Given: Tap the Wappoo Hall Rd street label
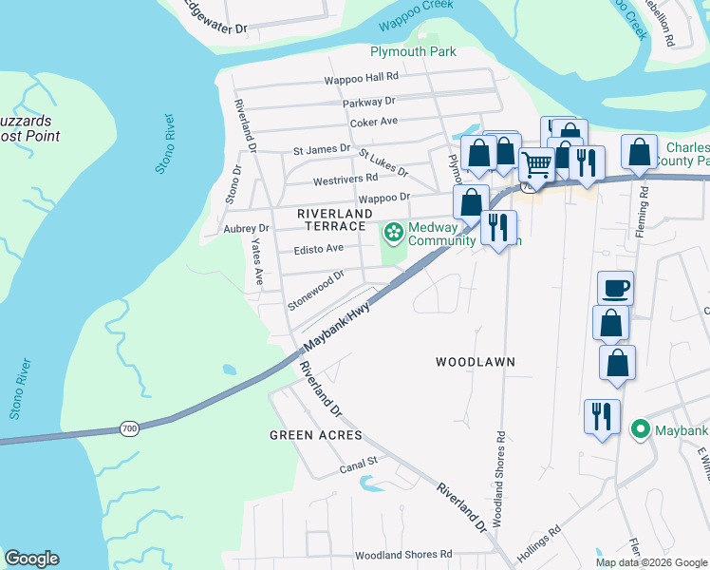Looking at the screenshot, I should [x=362, y=80].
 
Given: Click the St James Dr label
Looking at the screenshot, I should [x=322, y=149].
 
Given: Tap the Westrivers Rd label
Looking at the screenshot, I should [x=346, y=179].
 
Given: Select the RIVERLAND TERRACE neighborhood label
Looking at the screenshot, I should [x=331, y=220].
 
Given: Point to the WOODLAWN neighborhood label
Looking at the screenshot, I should [x=475, y=362].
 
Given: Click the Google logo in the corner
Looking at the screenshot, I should [x=31, y=559].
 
